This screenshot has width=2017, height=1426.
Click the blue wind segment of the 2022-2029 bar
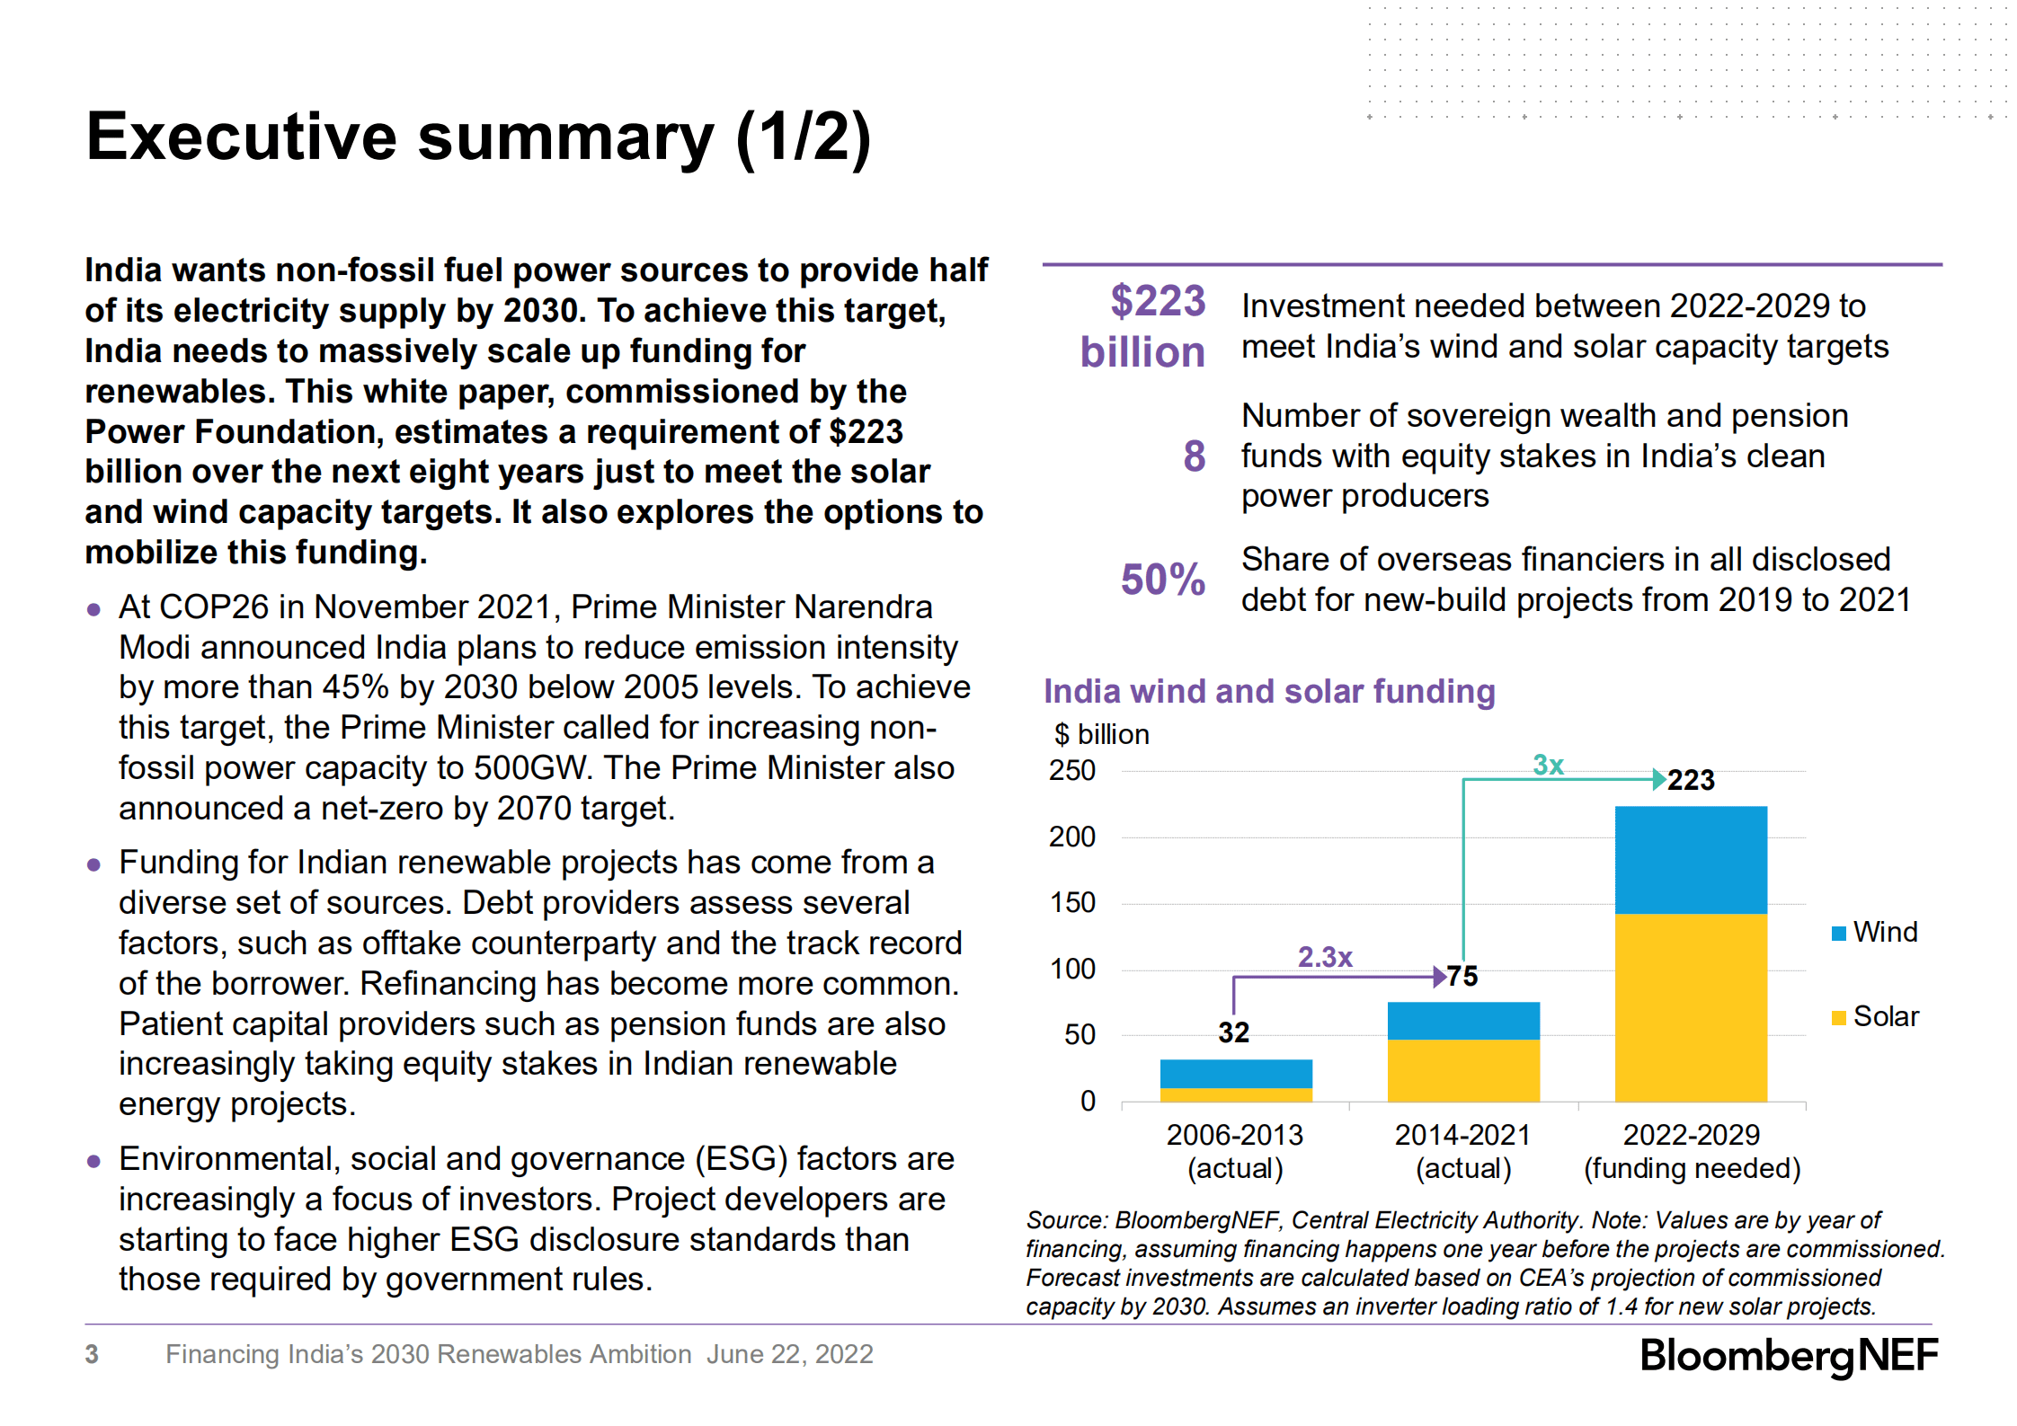pyautogui.click(x=1690, y=859)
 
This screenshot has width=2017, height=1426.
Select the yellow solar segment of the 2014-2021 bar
pyautogui.click(x=1462, y=1069)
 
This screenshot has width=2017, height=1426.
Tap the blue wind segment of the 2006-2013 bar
pyautogui.click(x=1235, y=1073)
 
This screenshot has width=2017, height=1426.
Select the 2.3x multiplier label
pyautogui.click(x=1324, y=957)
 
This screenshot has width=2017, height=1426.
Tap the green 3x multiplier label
pyautogui.click(x=1548, y=765)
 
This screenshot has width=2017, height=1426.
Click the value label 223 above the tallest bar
pyautogui.click(x=1691, y=780)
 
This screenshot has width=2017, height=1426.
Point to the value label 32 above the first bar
pyautogui.click(x=1233, y=1032)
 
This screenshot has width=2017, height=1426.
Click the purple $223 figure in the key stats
pyautogui.click(x=1157, y=301)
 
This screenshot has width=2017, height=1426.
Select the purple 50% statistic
pyautogui.click(x=1162, y=580)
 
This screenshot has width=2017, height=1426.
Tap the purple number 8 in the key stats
pyautogui.click(x=1194, y=456)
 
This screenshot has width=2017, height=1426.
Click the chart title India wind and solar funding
pyautogui.click(x=1268, y=691)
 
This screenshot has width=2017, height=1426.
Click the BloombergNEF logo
pyautogui.click(x=1788, y=1355)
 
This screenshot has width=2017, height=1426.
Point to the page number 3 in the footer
pyautogui.click(x=92, y=1354)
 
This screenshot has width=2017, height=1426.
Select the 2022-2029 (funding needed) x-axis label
pyautogui.click(x=1691, y=1151)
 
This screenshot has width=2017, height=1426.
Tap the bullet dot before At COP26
pyautogui.click(x=93, y=609)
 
